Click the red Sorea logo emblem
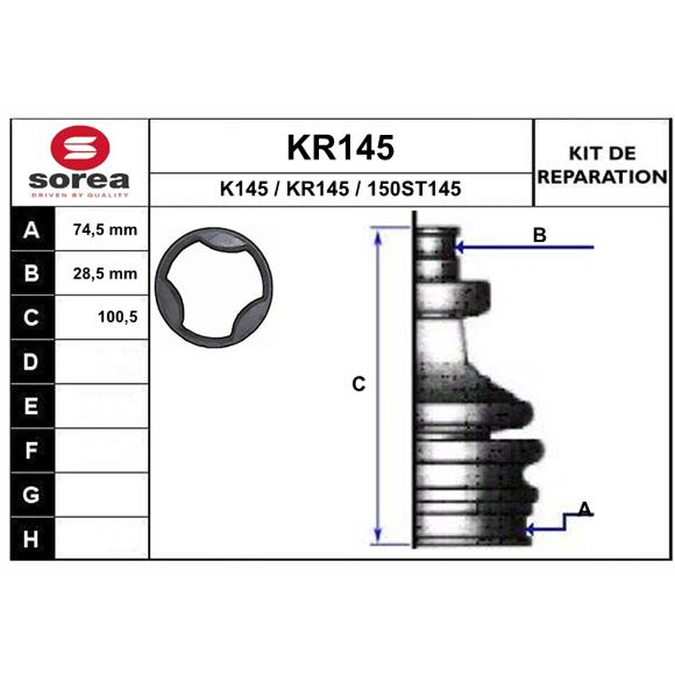pyautogui.click(x=80, y=147)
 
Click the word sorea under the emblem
pyautogui.click(x=79, y=180)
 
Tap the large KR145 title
pyautogui.click(x=340, y=148)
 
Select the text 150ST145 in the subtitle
pyautogui.click(x=414, y=188)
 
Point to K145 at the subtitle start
pyautogui.click(x=244, y=188)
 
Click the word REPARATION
pyautogui.click(x=602, y=176)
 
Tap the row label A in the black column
pyautogui.click(x=31, y=229)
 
